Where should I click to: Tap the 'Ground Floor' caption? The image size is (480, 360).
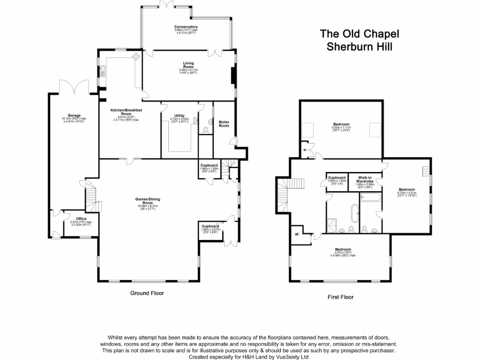pos(147,293)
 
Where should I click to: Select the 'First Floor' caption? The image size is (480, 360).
pos(340,297)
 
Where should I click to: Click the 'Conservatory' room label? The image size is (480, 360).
pos(186,27)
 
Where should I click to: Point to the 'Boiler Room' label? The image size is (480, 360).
pos(224,123)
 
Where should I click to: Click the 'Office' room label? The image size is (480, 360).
pos(75,219)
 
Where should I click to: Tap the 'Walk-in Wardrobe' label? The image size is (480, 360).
pos(366,180)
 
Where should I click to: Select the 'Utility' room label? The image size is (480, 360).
pos(179,116)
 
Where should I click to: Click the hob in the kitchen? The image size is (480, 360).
pos(136,57)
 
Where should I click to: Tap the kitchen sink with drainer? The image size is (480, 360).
pos(102,71)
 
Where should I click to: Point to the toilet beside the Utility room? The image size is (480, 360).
pos(207,129)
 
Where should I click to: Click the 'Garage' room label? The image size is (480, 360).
pos(74,115)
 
